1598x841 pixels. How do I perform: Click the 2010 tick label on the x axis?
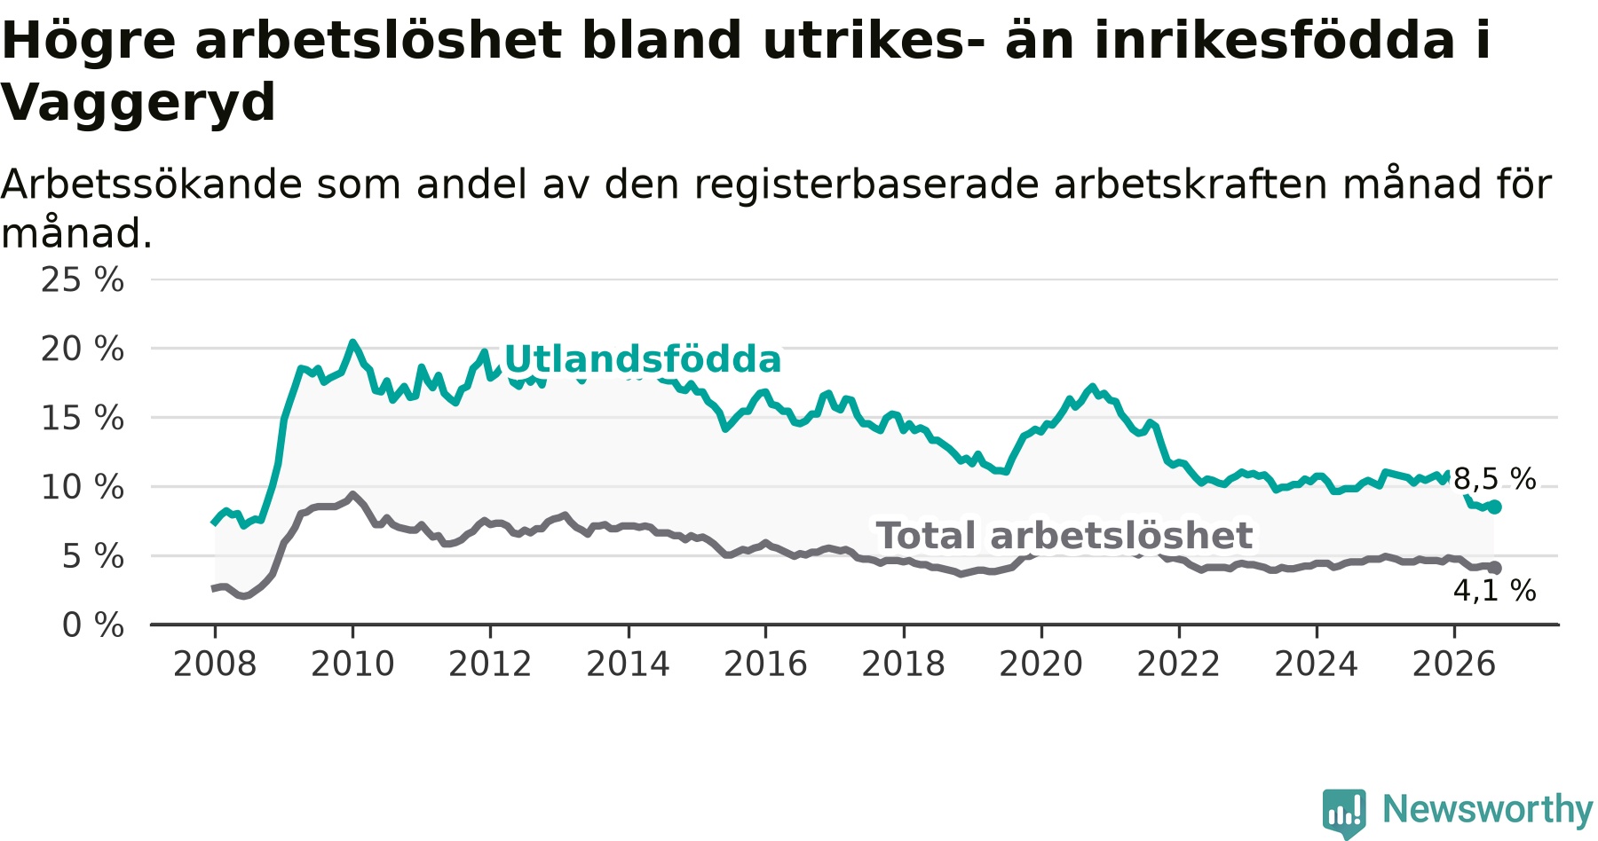pyautogui.click(x=352, y=664)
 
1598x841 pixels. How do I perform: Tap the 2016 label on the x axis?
pyautogui.click(x=765, y=664)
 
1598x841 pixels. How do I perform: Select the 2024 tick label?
pyautogui.click(x=1317, y=664)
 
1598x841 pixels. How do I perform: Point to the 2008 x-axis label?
pyautogui.click(x=215, y=664)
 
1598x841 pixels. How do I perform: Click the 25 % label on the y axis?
pyautogui.click(x=83, y=279)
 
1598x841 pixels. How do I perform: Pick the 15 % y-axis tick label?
pyautogui.click(x=83, y=418)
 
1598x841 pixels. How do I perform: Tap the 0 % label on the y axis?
pyautogui.click(x=93, y=625)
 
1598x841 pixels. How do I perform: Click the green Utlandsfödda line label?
pyautogui.click(x=643, y=359)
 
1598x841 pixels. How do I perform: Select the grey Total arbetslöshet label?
pyautogui.click(x=1064, y=536)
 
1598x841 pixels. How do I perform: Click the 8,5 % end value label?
pyautogui.click(x=1495, y=479)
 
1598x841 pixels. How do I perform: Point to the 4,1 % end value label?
pyautogui.click(x=1495, y=591)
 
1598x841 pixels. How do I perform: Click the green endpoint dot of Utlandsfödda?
pyautogui.click(x=1495, y=507)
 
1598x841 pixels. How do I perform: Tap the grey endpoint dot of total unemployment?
pyautogui.click(x=1495, y=568)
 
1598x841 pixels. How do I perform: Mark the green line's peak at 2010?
pyautogui.click(x=352, y=342)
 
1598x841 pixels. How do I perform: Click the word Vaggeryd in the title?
pyautogui.click(x=138, y=103)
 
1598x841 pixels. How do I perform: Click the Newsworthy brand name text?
pyautogui.click(x=1488, y=809)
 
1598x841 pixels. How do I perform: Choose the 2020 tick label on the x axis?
pyautogui.click(x=1041, y=664)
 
